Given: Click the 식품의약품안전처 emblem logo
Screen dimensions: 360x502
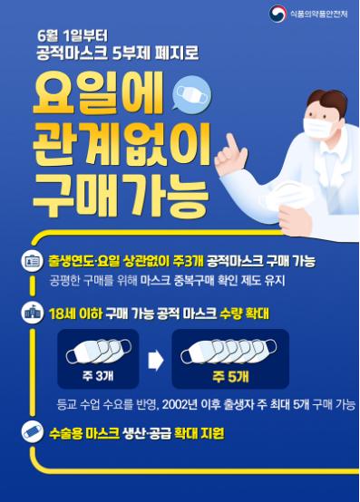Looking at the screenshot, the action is [277, 14].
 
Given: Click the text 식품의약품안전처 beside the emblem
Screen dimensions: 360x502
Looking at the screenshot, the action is [318, 14].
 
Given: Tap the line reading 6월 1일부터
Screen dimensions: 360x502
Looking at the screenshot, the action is [73, 36].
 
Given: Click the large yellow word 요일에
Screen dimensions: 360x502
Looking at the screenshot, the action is [98, 93].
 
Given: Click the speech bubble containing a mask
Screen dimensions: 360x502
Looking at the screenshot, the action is [191, 93].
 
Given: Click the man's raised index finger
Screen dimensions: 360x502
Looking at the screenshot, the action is [231, 143].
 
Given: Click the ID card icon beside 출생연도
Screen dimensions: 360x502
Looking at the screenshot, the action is [32, 261].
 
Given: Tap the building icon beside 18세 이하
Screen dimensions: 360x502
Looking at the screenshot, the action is [32, 313].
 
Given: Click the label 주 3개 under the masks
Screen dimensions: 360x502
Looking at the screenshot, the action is [98, 375].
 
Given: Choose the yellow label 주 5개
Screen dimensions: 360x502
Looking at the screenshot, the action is [230, 376].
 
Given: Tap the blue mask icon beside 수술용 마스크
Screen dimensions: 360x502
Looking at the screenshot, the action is [32, 432].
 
